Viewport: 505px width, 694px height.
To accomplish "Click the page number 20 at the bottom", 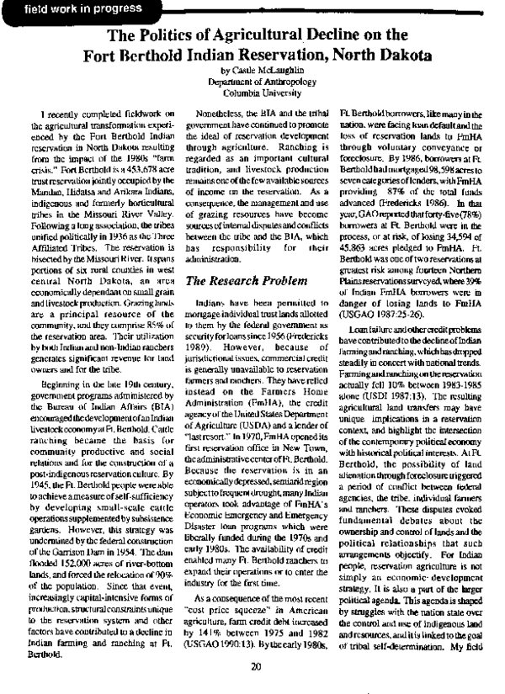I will pyautogui.click(x=252, y=666).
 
